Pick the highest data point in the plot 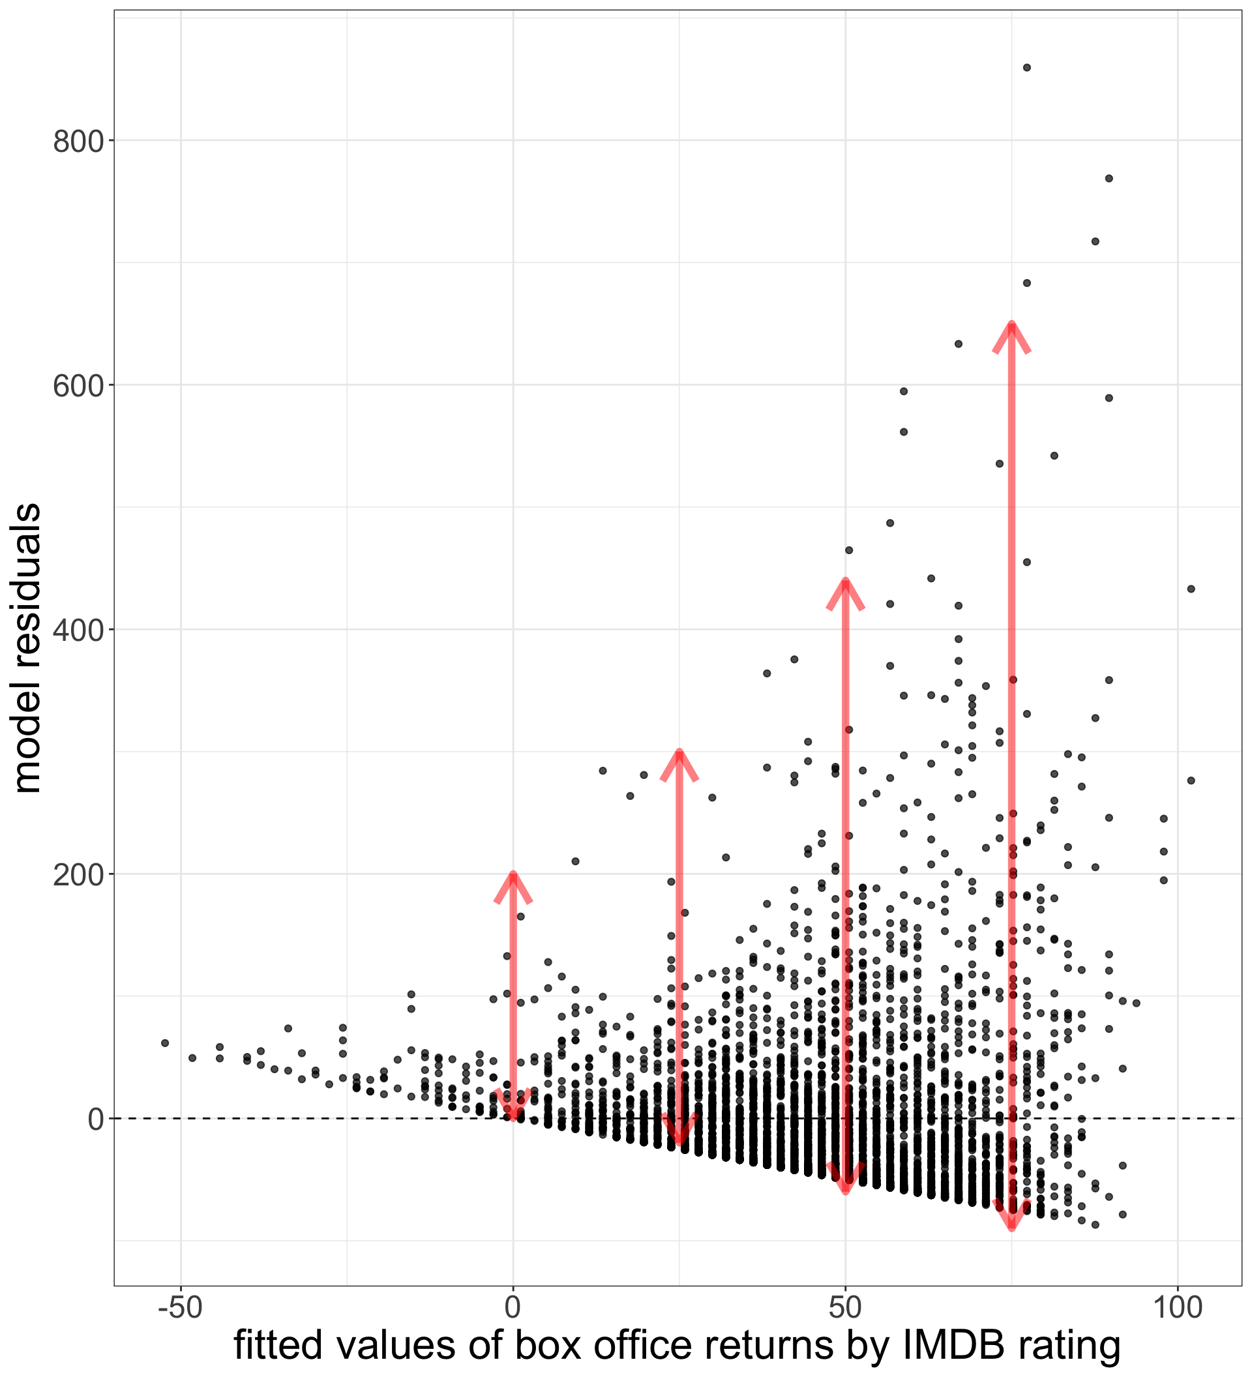point(1026,68)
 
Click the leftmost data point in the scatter point(164,1043)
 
